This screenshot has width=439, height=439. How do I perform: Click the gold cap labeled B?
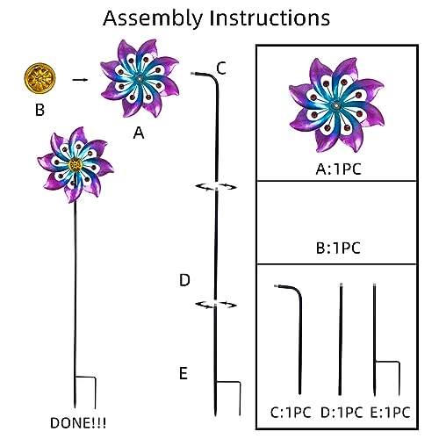(40, 78)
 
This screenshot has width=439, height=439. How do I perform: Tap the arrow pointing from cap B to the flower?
(80, 80)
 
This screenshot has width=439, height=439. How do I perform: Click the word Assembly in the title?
(153, 18)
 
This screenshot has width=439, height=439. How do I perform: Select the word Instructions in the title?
(270, 18)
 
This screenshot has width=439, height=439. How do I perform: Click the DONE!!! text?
(78, 423)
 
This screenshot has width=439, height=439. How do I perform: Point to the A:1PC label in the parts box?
(339, 169)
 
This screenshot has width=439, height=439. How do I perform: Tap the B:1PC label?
(338, 248)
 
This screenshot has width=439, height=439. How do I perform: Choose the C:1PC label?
(291, 413)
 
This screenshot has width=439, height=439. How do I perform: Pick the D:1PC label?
(342, 413)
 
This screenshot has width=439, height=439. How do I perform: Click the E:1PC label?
(391, 413)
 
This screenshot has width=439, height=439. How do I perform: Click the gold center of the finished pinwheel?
(76, 165)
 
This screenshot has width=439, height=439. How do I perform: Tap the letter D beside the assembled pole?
(184, 280)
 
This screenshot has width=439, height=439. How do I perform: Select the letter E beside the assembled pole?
(184, 373)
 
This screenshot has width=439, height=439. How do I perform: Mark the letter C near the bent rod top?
(221, 68)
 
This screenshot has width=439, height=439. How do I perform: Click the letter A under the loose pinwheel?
(139, 133)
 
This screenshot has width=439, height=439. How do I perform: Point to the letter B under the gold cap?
(40, 110)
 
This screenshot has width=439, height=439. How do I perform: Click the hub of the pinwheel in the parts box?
(336, 105)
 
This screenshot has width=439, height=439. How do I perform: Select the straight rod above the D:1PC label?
(341, 340)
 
